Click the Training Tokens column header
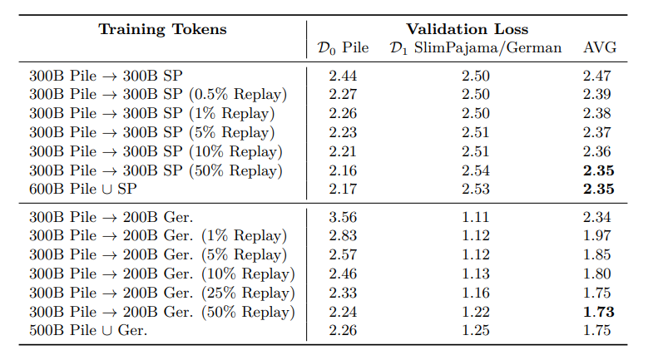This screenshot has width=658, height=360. [x=162, y=29]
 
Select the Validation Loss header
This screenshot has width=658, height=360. [x=467, y=29]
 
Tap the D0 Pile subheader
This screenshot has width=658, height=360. [x=344, y=48]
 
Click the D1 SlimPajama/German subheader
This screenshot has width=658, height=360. [x=477, y=48]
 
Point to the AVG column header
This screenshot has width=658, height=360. [x=600, y=48]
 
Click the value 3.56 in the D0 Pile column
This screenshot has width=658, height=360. [x=344, y=218]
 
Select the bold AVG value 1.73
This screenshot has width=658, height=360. [x=600, y=313]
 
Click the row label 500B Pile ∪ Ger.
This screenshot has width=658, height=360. [x=87, y=332]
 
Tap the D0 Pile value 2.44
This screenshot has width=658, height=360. [x=344, y=75]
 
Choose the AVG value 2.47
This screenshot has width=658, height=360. [x=600, y=75]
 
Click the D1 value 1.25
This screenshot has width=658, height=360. [x=477, y=332]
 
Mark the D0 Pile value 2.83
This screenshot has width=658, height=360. [x=344, y=237]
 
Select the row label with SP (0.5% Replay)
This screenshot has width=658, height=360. [x=158, y=94]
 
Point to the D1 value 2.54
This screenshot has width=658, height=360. [x=477, y=170]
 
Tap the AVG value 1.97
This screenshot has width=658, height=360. [x=600, y=237]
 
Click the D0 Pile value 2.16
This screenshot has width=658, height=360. [x=344, y=170]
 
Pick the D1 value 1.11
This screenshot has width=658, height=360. [x=477, y=218]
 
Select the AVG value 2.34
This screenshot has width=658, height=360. [x=600, y=218]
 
